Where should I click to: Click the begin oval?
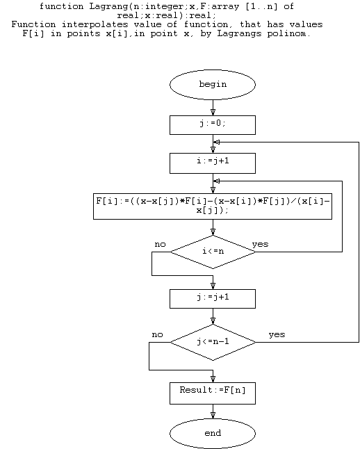click(x=213, y=85)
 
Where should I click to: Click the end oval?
click(x=213, y=433)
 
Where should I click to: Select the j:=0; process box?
click(x=213, y=125)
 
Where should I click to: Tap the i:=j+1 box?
click(x=213, y=163)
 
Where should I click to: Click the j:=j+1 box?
click(x=213, y=299)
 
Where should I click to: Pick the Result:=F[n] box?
click(x=213, y=393)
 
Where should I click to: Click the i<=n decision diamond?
click(x=213, y=252)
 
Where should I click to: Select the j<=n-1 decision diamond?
click(x=213, y=342)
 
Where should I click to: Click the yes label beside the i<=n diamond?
click(x=261, y=244)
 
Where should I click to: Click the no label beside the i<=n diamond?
click(x=160, y=245)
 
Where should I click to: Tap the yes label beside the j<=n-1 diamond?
click(x=277, y=335)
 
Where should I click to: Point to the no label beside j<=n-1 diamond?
click(x=157, y=335)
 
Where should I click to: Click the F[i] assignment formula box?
click(x=213, y=206)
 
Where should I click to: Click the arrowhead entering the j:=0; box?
click(x=213, y=112)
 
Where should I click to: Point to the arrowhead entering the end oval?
click(x=213, y=415)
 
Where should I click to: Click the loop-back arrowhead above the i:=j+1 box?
click(x=217, y=142)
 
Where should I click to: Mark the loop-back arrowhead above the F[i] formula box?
click(x=217, y=181)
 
